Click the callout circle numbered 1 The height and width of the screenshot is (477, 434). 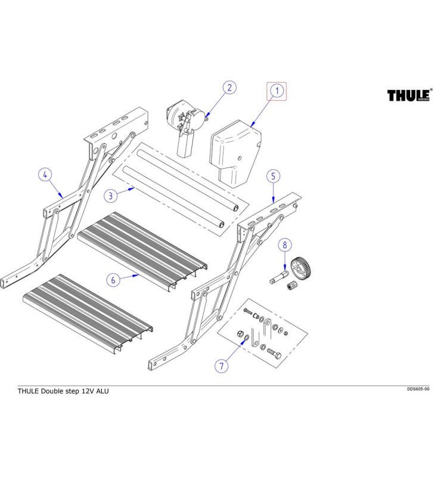pos(276,91)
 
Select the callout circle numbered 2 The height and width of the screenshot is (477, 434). pos(228,88)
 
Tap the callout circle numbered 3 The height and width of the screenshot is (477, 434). pos(110,195)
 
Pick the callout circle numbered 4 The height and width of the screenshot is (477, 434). pos(45,175)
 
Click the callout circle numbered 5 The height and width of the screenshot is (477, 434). pos(272,176)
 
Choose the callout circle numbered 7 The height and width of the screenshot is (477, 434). pos(221,366)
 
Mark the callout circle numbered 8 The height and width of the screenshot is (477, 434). pos(285,244)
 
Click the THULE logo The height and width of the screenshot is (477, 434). pos(409,95)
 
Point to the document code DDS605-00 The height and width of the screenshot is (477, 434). pos(418,389)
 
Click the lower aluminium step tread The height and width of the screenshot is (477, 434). pos(88,310)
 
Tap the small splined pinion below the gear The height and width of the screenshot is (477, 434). pos(293,288)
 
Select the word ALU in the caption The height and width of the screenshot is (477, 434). pos(103,391)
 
